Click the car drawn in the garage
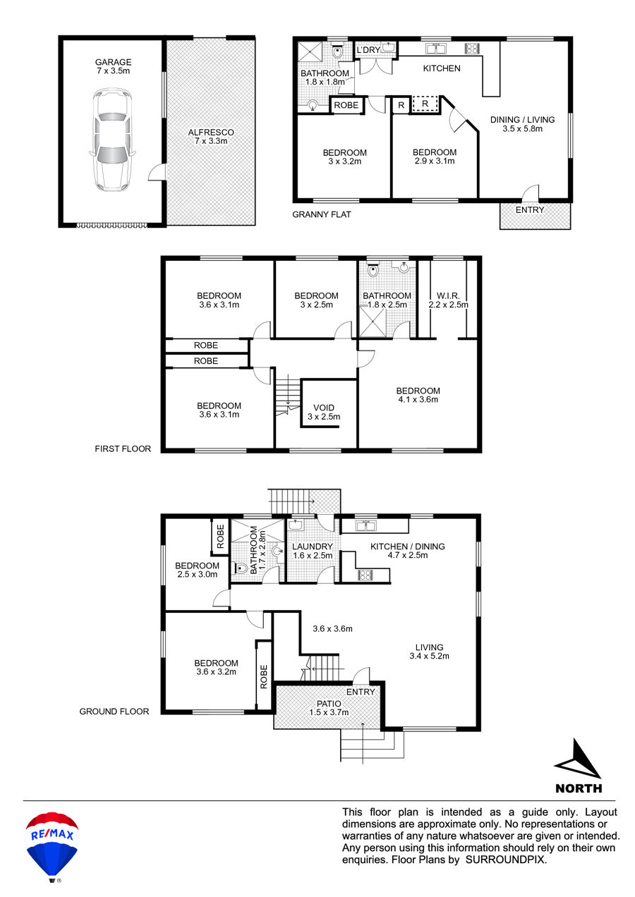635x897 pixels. coord(113,140)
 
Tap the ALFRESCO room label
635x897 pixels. coord(211,132)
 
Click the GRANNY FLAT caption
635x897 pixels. coord(321,214)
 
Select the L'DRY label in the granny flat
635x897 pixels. coord(368,50)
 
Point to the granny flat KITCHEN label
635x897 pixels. coord(442,68)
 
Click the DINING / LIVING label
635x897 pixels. coord(522,120)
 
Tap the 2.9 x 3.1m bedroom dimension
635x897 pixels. coord(435,161)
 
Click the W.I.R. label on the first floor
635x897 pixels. coord(448,296)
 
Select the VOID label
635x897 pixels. coord(324,408)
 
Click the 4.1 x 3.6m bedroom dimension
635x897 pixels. coord(418,400)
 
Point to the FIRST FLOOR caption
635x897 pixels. coord(123,449)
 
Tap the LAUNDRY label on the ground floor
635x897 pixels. coord(313,547)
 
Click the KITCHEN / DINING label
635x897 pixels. coord(407,547)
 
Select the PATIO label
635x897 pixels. coord(329,704)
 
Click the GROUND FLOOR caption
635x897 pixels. coord(114,712)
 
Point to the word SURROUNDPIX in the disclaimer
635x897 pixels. coord(506,860)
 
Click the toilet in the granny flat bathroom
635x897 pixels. coord(338,51)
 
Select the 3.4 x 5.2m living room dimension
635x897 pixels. coord(429,657)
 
